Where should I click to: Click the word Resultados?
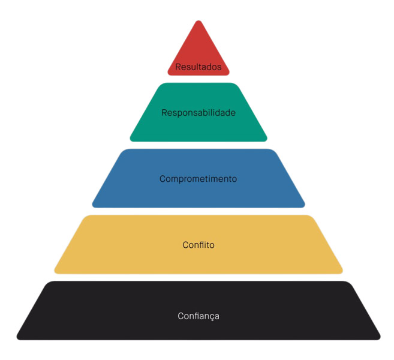pyautogui.click(x=198, y=67)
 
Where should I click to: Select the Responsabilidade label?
pyautogui.click(x=198, y=112)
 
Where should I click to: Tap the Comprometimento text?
pyautogui.click(x=198, y=179)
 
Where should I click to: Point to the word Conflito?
pyautogui.click(x=198, y=245)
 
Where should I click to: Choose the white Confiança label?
pyautogui.click(x=198, y=316)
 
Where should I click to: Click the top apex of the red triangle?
pyautogui.click(x=198, y=22)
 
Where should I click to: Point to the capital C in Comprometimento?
pyautogui.click(x=163, y=179)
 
